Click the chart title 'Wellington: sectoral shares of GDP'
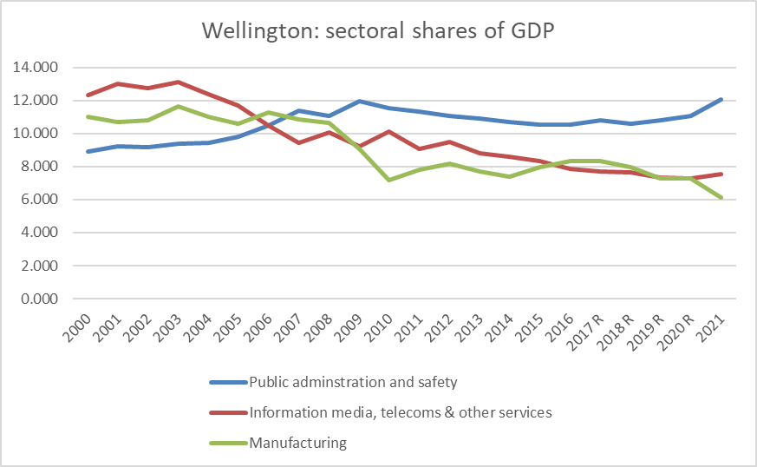click(x=378, y=30)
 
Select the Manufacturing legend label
click(x=297, y=443)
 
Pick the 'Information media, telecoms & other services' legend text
click(x=400, y=412)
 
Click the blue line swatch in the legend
click(x=227, y=382)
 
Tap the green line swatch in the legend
click(x=227, y=443)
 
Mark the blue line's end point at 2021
click(x=721, y=99)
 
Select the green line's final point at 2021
click(x=721, y=198)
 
